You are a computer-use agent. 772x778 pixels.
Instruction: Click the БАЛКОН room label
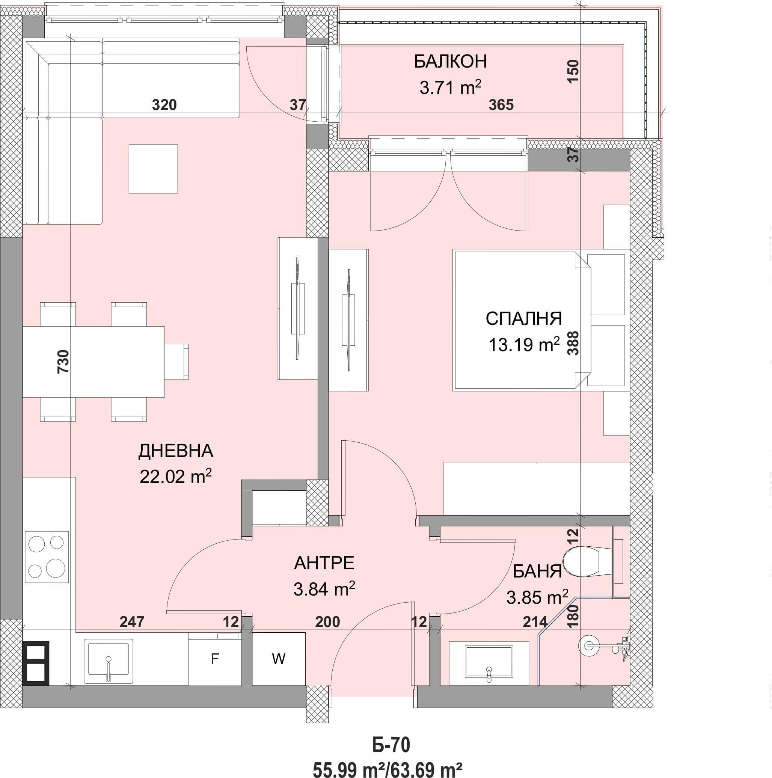pyautogui.click(x=451, y=61)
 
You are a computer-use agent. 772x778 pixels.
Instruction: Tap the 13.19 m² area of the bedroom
pyautogui.click(x=524, y=345)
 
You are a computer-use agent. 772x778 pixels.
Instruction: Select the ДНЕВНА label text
pyautogui.click(x=176, y=451)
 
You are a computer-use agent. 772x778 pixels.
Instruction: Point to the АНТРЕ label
pyautogui.click(x=324, y=563)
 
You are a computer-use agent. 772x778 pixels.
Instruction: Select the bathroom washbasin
pyautogui.click(x=489, y=663)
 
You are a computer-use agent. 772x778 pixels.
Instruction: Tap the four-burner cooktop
pyautogui.click(x=47, y=557)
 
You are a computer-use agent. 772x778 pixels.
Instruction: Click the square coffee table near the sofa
pyautogui.click(x=153, y=169)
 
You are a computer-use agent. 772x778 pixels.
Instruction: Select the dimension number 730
pyautogui.click(x=63, y=362)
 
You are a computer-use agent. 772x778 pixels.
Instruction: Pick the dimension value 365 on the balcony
pyautogui.click(x=501, y=105)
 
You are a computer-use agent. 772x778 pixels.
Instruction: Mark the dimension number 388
pyautogui.click(x=573, y=343)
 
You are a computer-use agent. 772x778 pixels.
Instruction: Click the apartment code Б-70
pyautogui.click(x=391, y=745)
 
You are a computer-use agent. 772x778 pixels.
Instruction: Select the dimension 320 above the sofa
pyautogui.click(x=164, y=105)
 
